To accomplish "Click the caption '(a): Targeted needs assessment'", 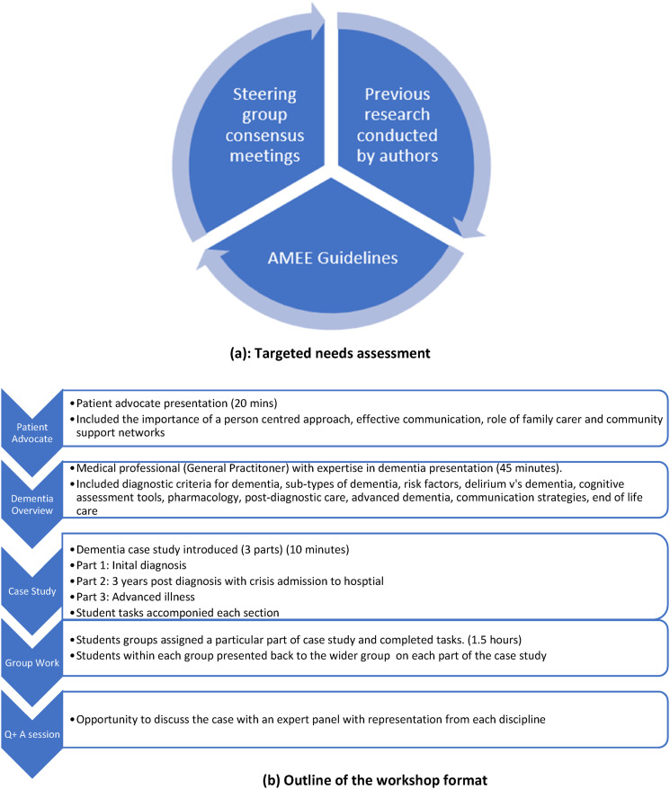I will (x=335, y=353).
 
